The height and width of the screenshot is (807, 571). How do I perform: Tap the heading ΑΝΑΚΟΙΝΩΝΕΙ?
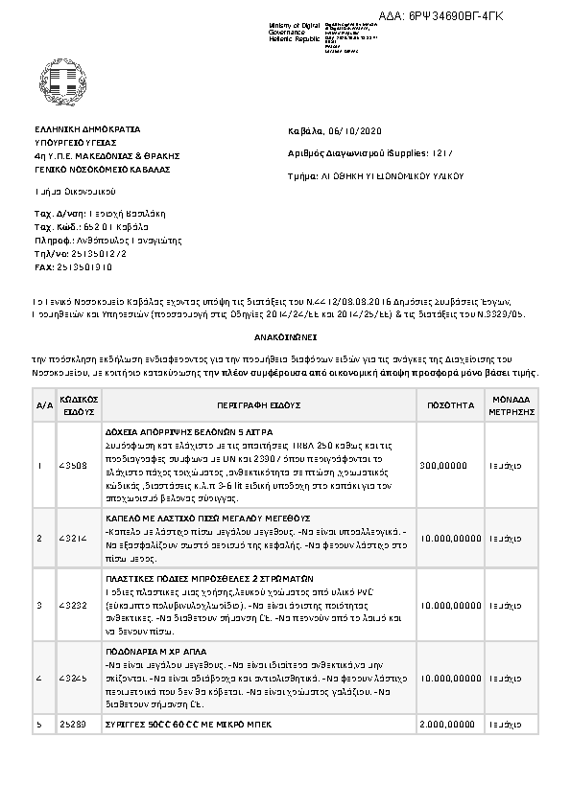[x=285, y=339]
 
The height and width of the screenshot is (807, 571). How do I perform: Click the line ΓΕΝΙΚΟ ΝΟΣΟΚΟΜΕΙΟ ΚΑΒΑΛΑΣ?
[x=101, y=169]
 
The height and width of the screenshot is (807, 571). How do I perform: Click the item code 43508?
[x=72, y=465]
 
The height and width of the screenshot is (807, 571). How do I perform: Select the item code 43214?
[x=72, y=538]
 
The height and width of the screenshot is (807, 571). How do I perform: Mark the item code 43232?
[x=72, y=606]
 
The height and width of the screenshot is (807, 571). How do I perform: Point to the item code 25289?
[x=72, y=725]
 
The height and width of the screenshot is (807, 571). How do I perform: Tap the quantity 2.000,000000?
[x=448, y=725]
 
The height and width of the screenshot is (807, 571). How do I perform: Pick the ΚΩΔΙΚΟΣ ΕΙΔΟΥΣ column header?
[x=78, y=405]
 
